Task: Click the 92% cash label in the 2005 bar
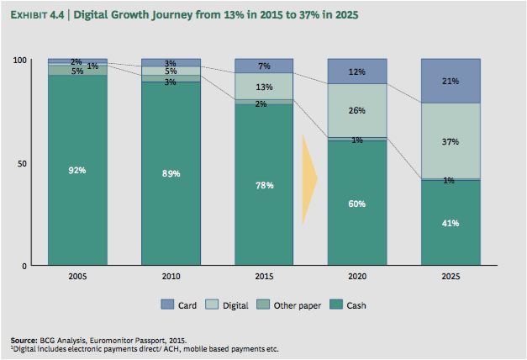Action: click(77, 170)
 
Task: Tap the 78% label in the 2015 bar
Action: click(264, 185)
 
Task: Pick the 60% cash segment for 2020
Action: click(356, 203)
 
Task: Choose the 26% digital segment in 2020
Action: click(356, 110)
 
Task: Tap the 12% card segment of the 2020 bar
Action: click(356, 71)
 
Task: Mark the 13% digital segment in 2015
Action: click(264, 86)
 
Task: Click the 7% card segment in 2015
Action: click(264, 66)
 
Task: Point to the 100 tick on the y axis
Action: click(20, 61)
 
